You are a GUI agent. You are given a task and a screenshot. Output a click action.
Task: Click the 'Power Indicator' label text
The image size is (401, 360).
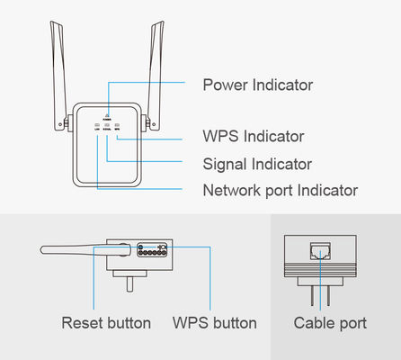click(257, 85)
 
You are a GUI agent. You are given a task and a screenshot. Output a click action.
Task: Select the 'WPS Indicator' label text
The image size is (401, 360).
click(253, 137)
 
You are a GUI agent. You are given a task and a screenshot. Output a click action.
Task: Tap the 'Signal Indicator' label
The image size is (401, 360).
click(257, 164)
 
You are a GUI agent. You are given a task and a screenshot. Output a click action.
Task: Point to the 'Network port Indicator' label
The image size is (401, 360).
click(280, 190)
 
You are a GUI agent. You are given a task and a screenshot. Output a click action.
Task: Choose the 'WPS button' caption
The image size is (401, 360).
click(215, 322)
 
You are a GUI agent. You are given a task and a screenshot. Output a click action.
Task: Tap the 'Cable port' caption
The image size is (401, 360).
click(330, 322)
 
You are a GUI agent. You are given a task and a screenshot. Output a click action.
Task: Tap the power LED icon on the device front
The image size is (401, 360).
click(107, 113)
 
